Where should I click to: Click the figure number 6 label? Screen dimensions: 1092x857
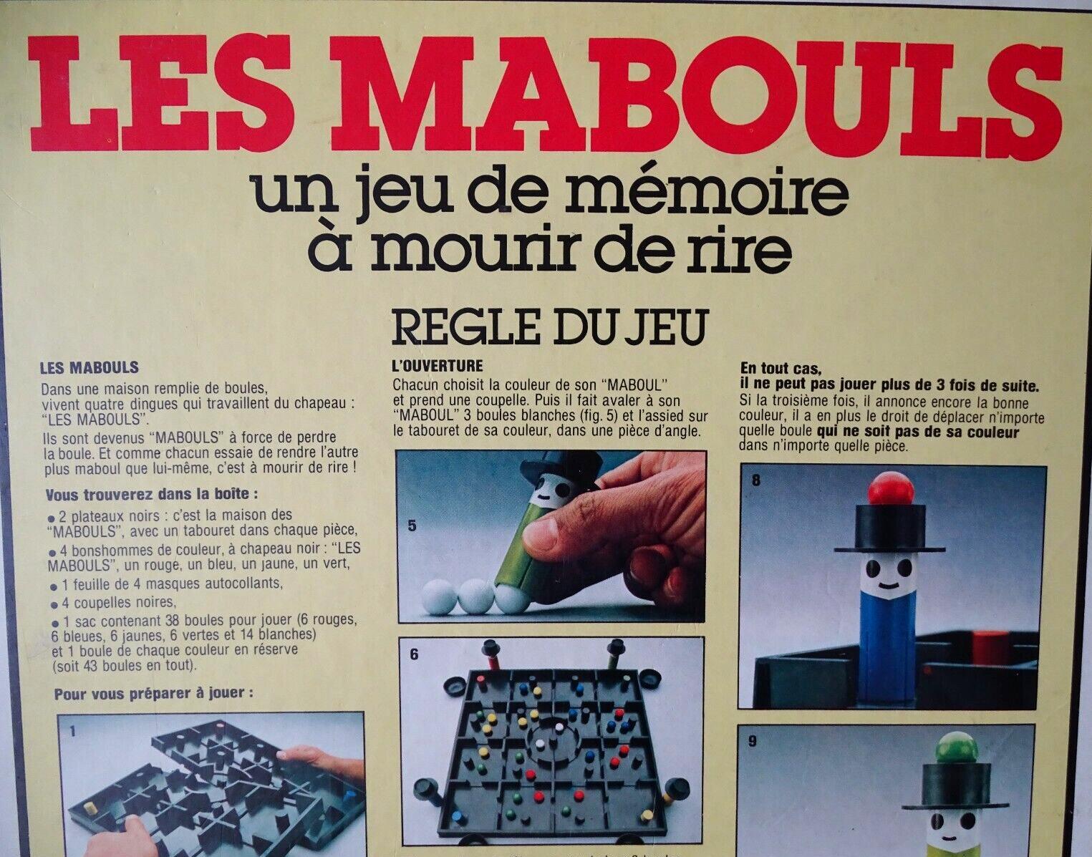[x=414, y=656]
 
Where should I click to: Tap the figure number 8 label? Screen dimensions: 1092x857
[x=756, y=480]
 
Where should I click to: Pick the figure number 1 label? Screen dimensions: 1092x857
[x=73, y=731]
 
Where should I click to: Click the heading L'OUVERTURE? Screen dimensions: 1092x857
[x=438, y=366]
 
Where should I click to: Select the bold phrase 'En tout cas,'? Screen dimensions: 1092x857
[x=781, y=369]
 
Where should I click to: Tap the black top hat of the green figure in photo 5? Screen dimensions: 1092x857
[x=562, y=468]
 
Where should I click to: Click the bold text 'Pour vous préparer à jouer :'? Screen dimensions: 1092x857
[x=153, y=694]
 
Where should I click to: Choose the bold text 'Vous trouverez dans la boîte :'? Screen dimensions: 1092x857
[x=152, y=494]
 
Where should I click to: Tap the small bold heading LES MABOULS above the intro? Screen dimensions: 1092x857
[x=89, y=368]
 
